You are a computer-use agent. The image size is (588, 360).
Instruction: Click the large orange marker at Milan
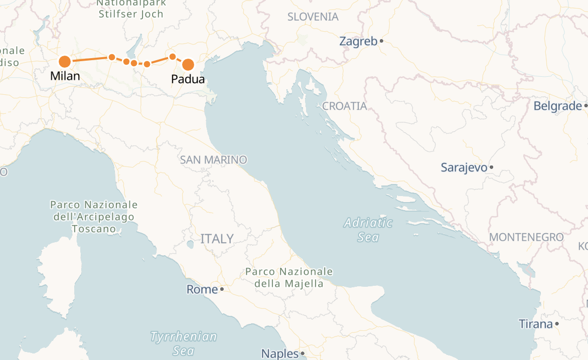pos(65,62)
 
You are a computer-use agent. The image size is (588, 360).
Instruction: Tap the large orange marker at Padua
pos(188,65)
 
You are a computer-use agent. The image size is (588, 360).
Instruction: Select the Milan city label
pos(65,76)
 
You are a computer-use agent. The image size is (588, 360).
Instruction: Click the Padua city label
pos(188,79)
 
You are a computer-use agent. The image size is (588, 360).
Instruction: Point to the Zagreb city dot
pos(381,41)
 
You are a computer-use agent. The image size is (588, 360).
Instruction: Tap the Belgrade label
pos(557,106)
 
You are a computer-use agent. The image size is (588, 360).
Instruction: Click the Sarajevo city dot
pos(491,167)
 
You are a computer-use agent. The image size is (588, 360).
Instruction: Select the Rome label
pos(202,289)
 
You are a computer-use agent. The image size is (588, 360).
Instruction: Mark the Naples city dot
pos(303,354)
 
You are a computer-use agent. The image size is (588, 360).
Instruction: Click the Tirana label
pos(535,324)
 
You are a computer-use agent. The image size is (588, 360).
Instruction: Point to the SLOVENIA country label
pos(313,17)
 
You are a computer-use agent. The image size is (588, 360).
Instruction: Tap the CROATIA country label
pos(345,106)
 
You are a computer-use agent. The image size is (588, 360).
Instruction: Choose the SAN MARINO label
pos(214,160)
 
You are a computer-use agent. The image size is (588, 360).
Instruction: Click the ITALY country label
pos(217,239)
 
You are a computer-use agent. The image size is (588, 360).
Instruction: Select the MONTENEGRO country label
pos(526,237)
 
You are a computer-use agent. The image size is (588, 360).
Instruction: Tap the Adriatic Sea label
pos(368,229)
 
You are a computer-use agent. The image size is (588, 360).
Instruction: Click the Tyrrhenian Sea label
pos(184,343)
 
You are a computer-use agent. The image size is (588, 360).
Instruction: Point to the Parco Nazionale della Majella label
pos(289,277)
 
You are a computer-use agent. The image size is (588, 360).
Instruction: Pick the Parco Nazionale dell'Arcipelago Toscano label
pos(94,217)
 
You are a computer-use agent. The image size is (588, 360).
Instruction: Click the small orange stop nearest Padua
pos(172,57)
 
